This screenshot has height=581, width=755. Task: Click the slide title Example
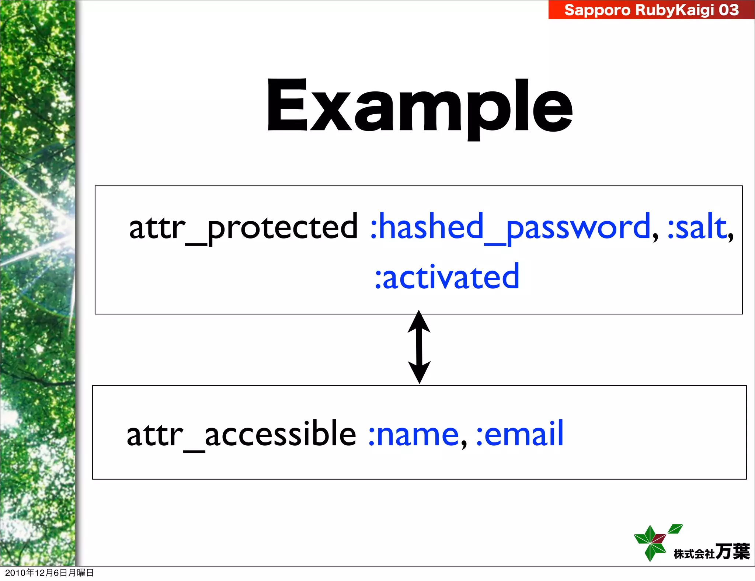coord(420,107)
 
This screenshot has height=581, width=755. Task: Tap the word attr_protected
coord(243,227)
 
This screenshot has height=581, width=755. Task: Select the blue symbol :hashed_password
coord(510,227)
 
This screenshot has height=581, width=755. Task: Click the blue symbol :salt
coord(697,227)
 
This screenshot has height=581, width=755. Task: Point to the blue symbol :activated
coord(447,277)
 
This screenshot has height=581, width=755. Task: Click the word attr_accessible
coord(241,434)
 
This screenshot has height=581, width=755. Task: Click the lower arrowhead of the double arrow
coord(419,372)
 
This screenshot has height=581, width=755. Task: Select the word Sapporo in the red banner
coord(597,10)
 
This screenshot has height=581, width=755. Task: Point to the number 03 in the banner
coord(728,10)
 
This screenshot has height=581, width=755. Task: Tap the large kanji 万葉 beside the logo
coord(732,552)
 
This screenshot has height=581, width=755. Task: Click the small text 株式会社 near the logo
coord(694,554)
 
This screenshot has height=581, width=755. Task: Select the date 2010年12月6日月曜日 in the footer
coord(49,573)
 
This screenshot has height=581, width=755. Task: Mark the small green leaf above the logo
coord(675,529)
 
